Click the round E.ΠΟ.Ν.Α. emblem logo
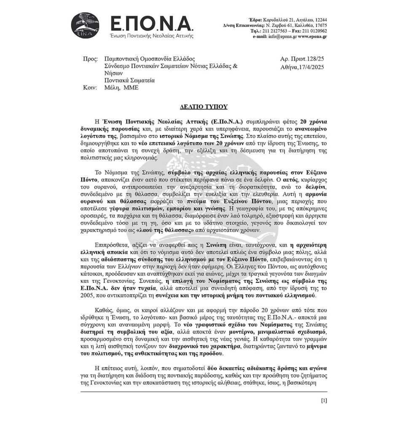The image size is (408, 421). click(86, 26)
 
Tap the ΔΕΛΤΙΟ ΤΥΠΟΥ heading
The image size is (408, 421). click(204, 106)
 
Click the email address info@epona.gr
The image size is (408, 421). click(280, 37)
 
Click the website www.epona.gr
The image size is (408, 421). click(312, 37)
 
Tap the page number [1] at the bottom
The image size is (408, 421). click(324, 400)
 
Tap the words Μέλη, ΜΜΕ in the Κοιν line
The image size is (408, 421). click(121, 88)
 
